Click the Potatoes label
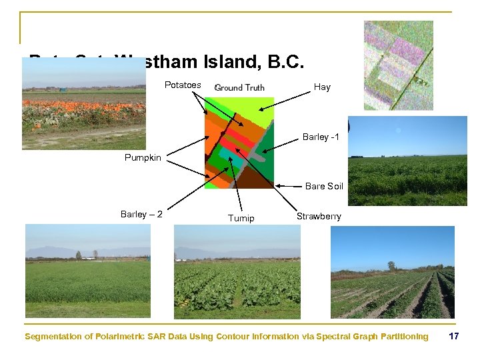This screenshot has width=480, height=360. click(x=183, y=85)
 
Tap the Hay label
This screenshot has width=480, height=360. click(x=322, y=87)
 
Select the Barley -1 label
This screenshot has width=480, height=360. click(x=321, y=137)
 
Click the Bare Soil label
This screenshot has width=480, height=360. click(x=324, y=186)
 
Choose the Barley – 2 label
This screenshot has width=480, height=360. click(x=141, y=214)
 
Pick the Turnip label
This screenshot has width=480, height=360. click(x=241, y=218)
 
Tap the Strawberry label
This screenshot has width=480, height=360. click(x=319, y=216)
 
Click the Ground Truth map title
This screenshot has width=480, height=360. click(x=239, y=87)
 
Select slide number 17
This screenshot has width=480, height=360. click(x=454, y=336)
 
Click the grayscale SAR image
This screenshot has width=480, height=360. click(x=398, y=65)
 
